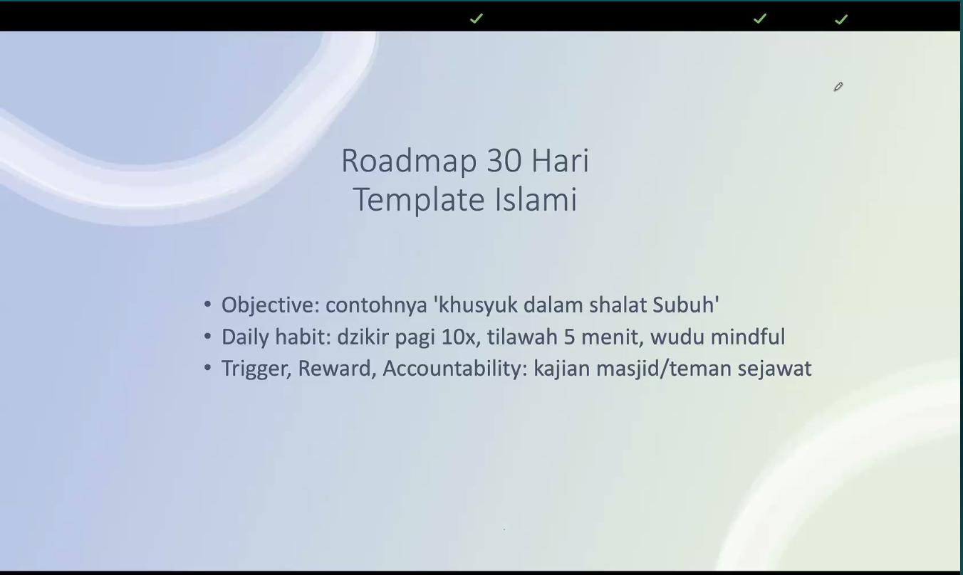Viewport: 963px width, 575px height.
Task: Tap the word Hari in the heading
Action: [x=561, y=161]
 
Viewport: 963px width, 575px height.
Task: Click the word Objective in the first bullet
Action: [x=270, y=305]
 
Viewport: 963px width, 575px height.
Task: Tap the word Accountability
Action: [x=454, y=369]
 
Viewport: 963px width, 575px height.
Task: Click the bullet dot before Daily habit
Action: [x=207, y=337]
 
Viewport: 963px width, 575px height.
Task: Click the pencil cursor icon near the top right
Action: [x=838, y=87]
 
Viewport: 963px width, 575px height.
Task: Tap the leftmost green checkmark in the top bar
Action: [x=477, y=19]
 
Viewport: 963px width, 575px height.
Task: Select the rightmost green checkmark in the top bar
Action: [x=841, y=19]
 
